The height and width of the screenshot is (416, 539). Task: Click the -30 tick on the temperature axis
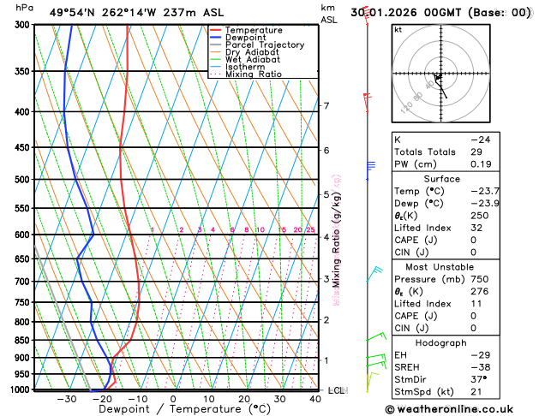[66, 399]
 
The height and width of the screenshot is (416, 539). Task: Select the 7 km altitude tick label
[326, 106]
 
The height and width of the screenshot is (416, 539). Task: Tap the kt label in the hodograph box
[398, 29]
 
